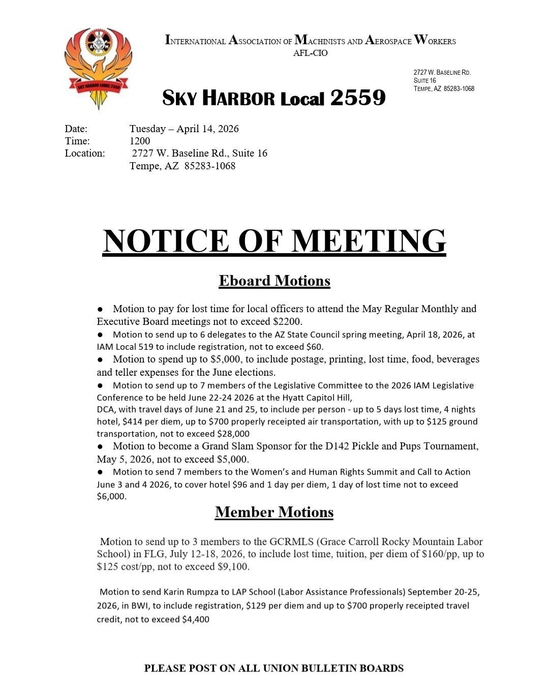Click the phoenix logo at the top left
point(99,68)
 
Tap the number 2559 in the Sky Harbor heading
point(358,98)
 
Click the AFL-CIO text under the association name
point(310,53)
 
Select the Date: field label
point(76,129)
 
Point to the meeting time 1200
point(140,141)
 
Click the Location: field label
point(85,153)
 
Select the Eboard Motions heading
point(274,281)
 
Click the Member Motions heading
point(274,512)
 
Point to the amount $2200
point(287,321)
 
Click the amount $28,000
point(233,434)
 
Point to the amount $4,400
point(195,619)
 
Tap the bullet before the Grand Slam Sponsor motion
point(101,446)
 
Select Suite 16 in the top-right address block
point(425,80)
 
